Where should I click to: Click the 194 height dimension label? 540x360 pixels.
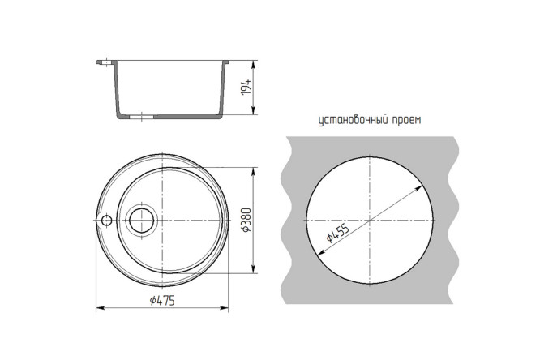(246, 88)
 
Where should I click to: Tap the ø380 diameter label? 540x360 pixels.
(247, 220)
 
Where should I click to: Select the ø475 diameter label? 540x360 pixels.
(162, 300)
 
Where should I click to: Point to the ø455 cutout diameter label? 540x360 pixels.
(338, 234)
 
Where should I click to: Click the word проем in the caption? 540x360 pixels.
(406, 121)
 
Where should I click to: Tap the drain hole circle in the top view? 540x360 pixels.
(142, 220)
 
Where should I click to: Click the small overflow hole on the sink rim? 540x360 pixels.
(107, 220)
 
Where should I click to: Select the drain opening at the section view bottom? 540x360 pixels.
(141, 117)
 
